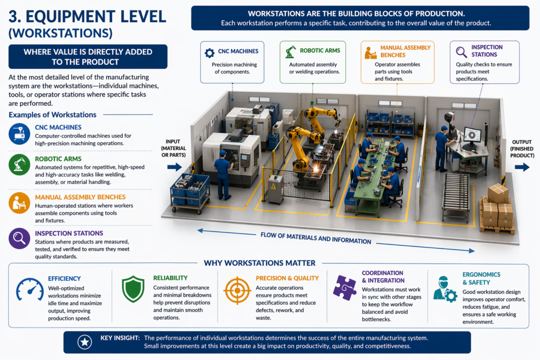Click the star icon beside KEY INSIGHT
[84, 342]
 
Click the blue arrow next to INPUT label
[174, 167]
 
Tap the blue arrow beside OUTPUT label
[522, 167]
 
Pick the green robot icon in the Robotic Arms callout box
[291, 52]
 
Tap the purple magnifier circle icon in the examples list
[19, 238]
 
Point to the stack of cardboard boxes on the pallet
[497, 209]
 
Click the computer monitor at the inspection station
[471, 135]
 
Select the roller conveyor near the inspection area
[456, 192]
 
